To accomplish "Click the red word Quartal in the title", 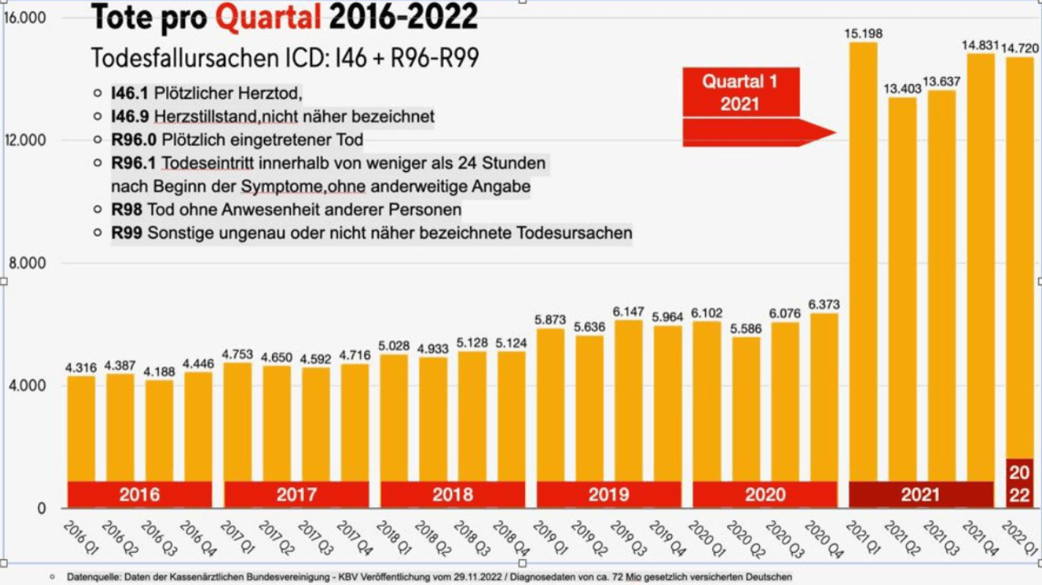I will tap(268, 17).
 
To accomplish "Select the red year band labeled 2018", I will tap(453, 494).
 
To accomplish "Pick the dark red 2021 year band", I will tap(920, 494).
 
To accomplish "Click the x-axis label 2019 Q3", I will tap(625, 539).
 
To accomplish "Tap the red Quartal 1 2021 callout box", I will tap(741, 92).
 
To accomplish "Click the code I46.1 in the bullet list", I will tap(130, 94).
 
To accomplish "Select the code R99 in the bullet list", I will tap(127, 233).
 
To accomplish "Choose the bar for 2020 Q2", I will tap(746, 409).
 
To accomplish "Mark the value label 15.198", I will tap(863, 33).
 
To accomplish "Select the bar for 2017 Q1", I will tap(237, 424).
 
